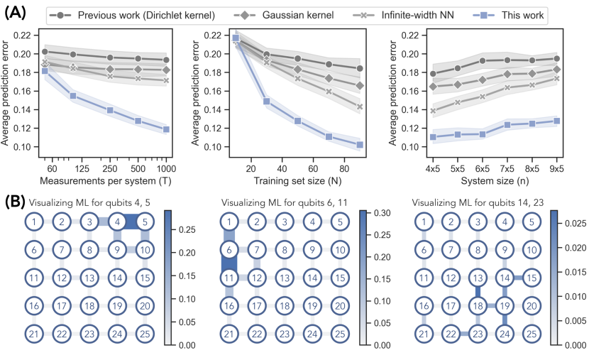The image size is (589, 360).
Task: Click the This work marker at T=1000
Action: click(165, 129)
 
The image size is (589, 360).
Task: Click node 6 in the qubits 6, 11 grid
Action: click(229, 249)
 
